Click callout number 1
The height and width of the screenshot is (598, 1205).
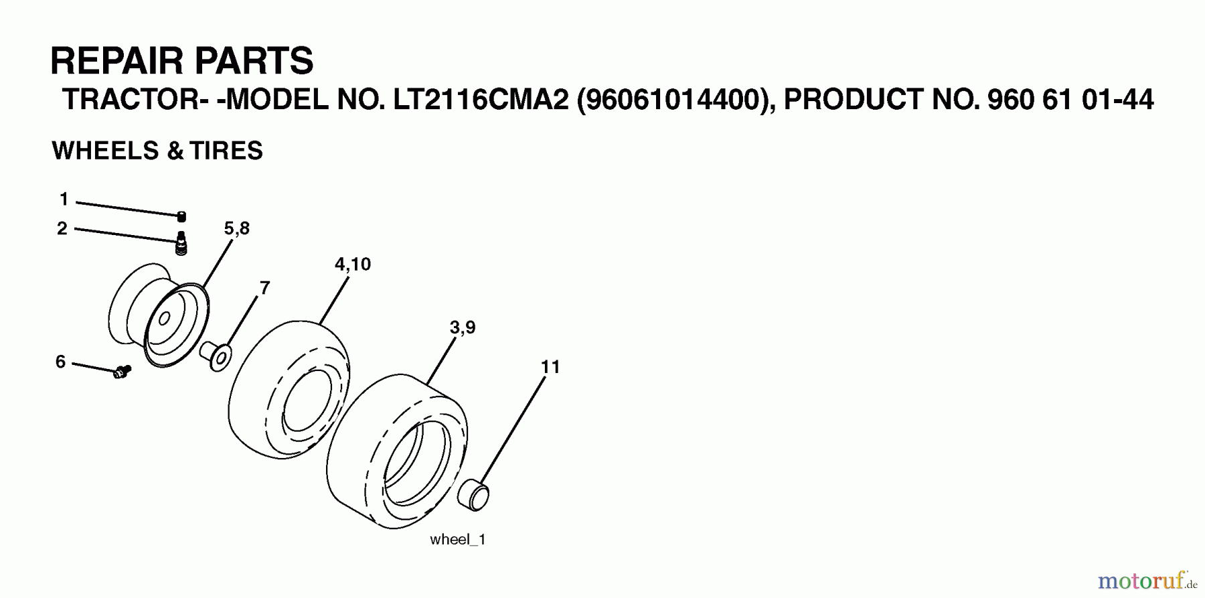coord(64,199)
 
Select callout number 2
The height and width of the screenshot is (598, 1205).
coord(62,228)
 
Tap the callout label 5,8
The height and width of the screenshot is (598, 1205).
coord(237,228)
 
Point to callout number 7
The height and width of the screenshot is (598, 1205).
coord(265,288)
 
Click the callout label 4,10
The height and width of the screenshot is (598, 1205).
coord(353,265)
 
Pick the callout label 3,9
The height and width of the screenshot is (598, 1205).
coord(463,327)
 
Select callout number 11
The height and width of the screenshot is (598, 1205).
coord(550,367)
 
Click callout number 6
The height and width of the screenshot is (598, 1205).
coord(60,362)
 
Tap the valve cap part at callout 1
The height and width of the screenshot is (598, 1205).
coord(181,216)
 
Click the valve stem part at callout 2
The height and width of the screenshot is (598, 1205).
coord(181,243)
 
